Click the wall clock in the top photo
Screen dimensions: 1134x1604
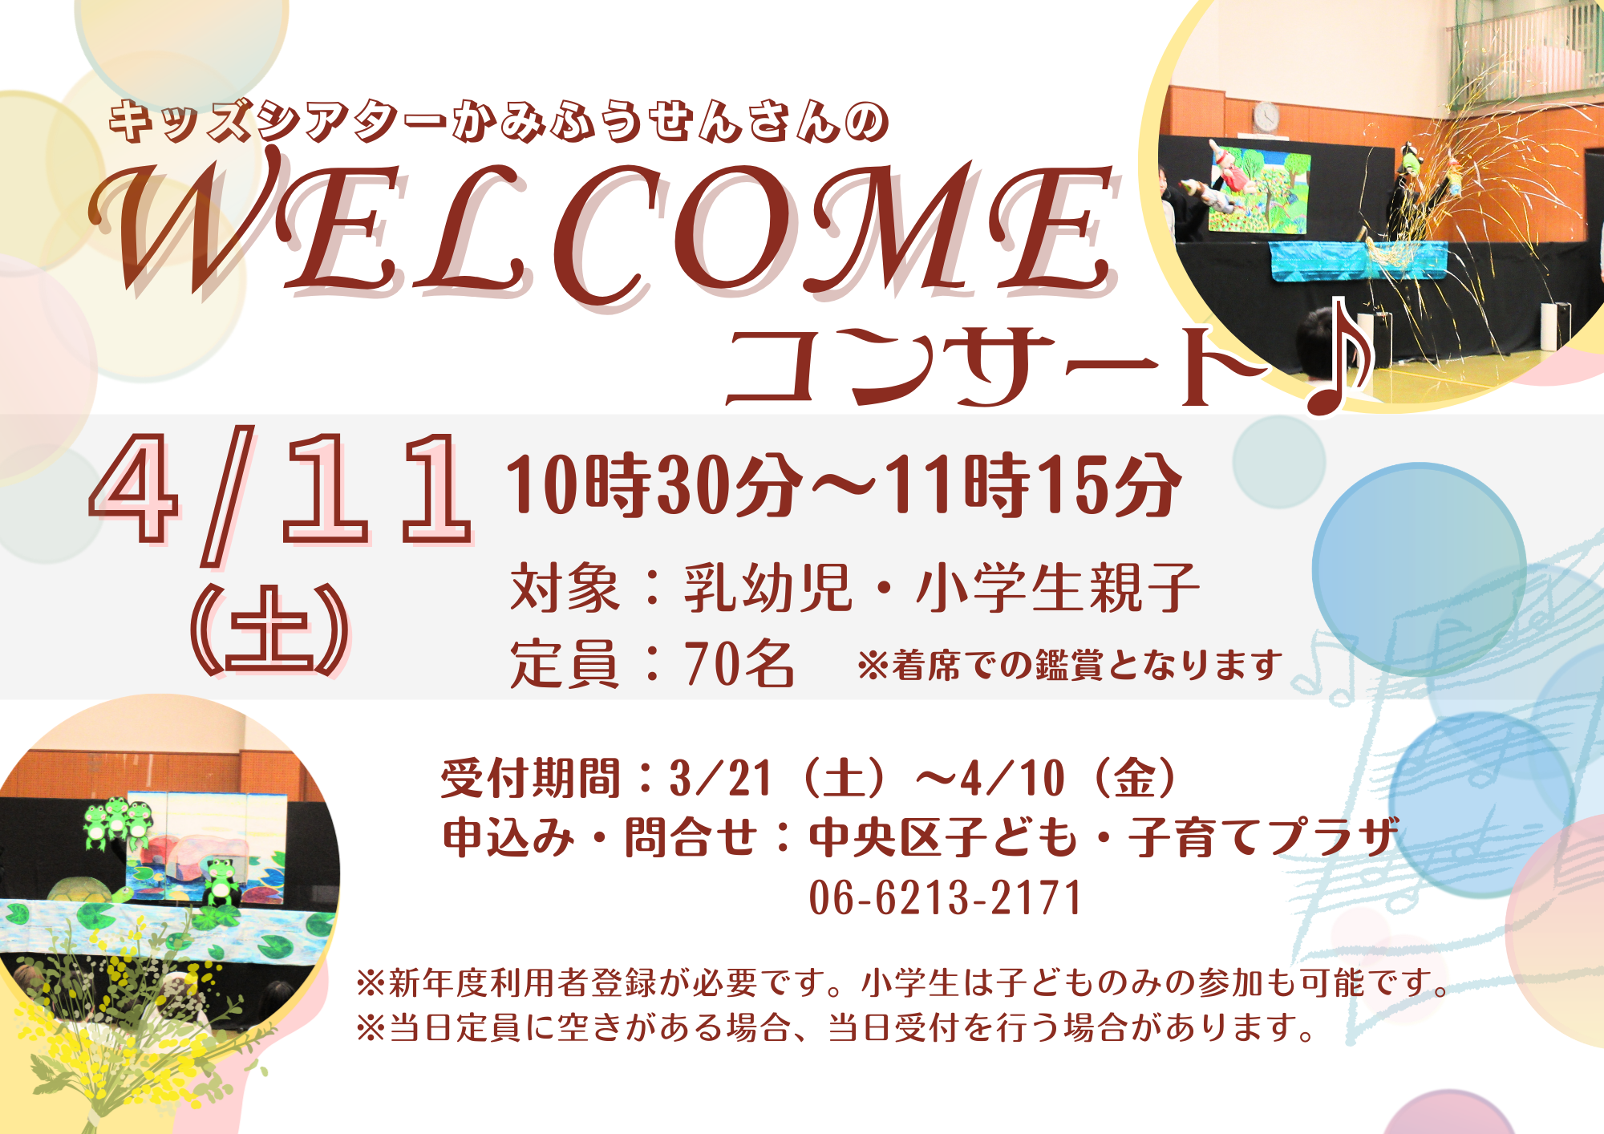tap(1266, 116)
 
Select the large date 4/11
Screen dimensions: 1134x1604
tap(281, 489)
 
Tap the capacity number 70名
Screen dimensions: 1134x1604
tap(738, 664)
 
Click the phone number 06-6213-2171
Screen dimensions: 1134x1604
tap(945, 897)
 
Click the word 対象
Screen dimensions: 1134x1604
tap(565, 588)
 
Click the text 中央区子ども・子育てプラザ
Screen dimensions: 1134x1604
tap(1103, 837)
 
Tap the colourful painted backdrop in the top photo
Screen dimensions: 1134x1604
tap(1258, 191)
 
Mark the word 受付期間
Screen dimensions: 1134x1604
tap(530, 778)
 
